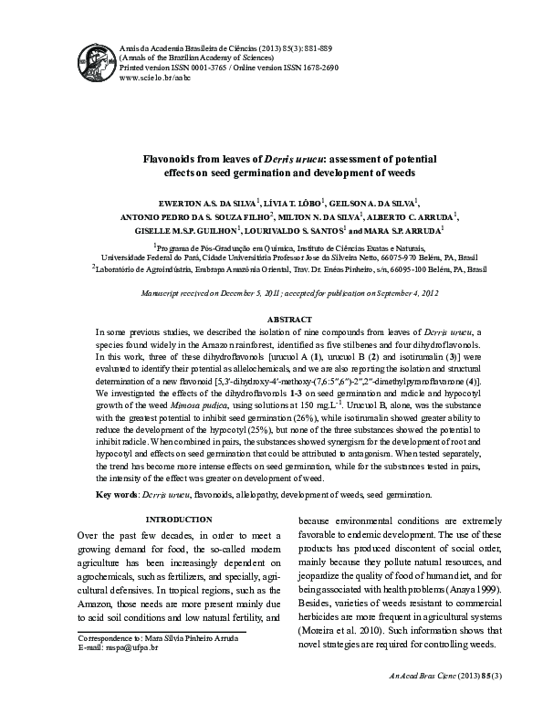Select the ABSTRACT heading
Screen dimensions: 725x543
pyautogui.click(x=287, y=319)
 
